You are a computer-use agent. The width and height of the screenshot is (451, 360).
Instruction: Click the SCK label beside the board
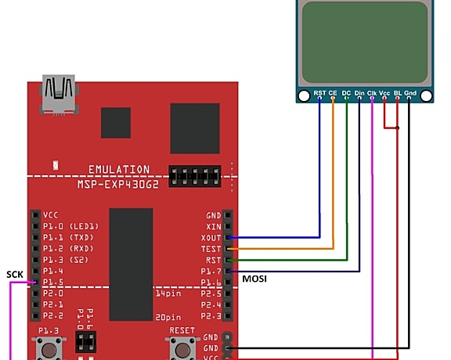[15, 274]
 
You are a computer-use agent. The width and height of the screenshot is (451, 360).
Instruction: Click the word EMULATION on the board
[118, 170]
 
